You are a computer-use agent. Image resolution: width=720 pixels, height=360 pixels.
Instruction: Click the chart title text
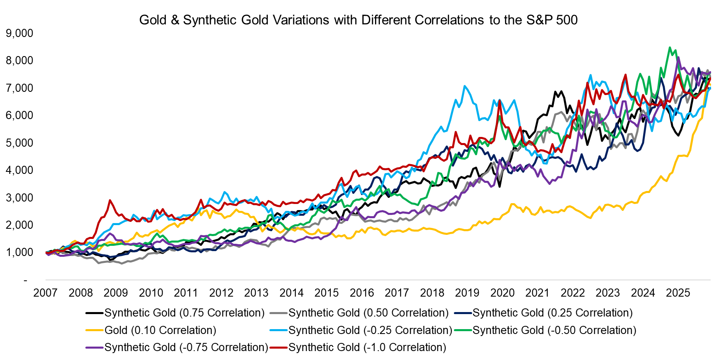(358, 20)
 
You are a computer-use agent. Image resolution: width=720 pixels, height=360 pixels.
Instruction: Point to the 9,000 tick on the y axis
(20, 33)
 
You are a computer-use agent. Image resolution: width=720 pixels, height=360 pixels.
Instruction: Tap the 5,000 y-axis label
(20, 143)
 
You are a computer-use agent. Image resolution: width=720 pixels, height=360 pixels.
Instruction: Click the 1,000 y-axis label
(20, 252)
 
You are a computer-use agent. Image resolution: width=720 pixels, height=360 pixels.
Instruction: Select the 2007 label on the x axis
(45, 293)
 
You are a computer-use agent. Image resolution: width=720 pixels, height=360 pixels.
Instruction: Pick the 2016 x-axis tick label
(362, 293)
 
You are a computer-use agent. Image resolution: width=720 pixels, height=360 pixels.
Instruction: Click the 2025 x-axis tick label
(678, 293)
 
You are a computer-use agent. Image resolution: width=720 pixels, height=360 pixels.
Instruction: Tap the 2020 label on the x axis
(502, 293)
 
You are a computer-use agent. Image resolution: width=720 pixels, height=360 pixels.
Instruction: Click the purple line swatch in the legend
(94, 347)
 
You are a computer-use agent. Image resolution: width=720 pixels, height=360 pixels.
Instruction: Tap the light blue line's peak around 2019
(464, 86)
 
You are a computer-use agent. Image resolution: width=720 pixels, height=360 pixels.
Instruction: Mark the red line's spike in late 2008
(110, 200)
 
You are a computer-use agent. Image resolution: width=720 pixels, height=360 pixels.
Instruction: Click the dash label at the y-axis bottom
(26, 280)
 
